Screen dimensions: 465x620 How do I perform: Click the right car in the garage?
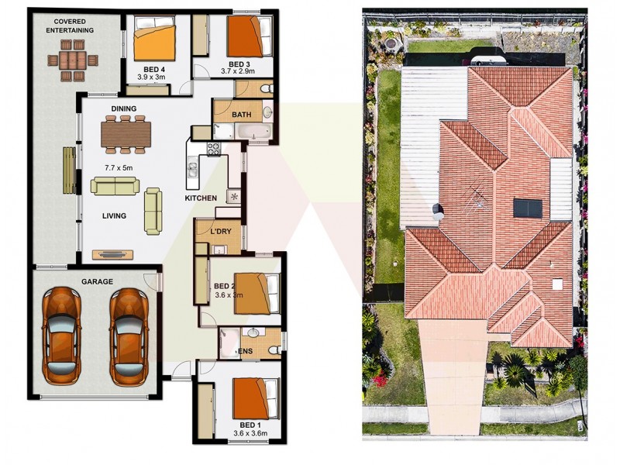129,336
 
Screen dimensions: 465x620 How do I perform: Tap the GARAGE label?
98,281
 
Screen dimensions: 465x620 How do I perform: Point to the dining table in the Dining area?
123,133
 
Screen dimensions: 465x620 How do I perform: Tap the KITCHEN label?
201,199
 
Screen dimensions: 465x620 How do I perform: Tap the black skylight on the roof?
524,208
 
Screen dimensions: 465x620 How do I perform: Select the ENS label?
245,351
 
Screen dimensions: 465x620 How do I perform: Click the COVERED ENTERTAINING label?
69,25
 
